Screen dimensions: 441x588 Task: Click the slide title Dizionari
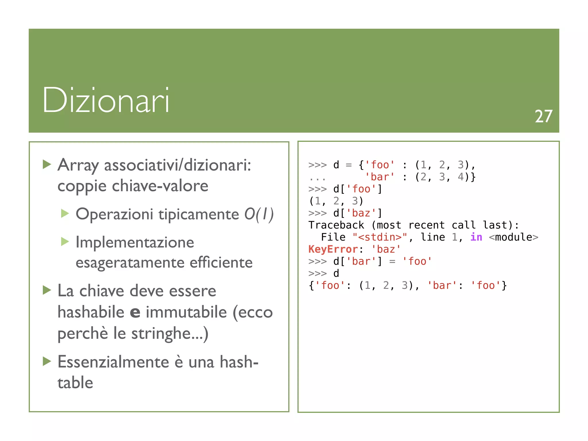coord(106,100)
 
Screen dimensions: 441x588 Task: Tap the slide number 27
coord(543,117)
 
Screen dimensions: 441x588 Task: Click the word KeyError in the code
coord(333,249)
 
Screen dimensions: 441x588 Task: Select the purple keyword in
coord(476,237)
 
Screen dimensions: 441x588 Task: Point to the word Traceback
coord(336,225)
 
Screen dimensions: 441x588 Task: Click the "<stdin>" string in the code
coord(380,237)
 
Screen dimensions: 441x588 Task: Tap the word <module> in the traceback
coord(513,237)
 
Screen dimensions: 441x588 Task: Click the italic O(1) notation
coord(259,214)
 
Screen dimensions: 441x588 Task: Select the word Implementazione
coord(135,242)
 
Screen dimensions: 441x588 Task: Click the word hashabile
coord(91,312)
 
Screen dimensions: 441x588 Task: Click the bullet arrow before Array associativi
coord(47,165)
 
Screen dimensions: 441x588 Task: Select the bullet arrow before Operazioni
coord(65,214)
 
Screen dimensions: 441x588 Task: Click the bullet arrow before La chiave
coord(47,290)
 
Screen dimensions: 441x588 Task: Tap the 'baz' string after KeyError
coord(386,249)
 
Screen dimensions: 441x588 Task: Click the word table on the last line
coord(75,383)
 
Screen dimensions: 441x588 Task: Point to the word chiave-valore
coord(160,186)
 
